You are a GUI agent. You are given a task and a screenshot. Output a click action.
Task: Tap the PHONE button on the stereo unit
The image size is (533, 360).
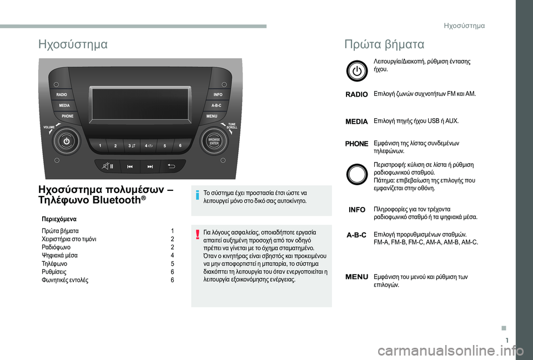[x=67, y=116]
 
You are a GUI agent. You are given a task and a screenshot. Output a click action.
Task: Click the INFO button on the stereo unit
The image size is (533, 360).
[x=218, y=95]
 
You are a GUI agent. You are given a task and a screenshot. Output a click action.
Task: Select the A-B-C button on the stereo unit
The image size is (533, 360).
[x=217, y=105]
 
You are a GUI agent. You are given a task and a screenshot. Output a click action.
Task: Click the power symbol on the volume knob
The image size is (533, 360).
[x=67, y=141]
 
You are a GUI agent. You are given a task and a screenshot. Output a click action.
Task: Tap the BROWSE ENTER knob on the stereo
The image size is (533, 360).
[x=214, y=141]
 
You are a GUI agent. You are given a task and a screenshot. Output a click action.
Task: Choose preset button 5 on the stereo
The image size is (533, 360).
[x=165, y=146]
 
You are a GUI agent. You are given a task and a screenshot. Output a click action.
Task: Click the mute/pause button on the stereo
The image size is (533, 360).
[x=108, y=166]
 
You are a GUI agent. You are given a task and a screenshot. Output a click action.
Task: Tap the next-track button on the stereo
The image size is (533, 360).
[x=150, y=166]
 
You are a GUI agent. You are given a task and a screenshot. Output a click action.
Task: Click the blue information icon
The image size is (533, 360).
[x=197, y=195]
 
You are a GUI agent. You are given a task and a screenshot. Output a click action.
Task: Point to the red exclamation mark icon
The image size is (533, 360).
[x=197, y=234]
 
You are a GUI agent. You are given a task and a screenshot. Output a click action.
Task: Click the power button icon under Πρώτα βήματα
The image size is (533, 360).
[x=357, y=71]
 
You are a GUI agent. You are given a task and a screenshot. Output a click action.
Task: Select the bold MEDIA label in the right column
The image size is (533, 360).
[x=356, y=121]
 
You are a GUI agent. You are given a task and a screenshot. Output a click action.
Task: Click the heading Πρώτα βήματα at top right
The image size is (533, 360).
[x=384, y=44]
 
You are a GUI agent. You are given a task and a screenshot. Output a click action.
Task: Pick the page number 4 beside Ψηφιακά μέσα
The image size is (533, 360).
[x=172, y=255]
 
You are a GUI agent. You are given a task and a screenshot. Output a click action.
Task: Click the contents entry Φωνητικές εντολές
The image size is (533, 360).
[x=65, y=280]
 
